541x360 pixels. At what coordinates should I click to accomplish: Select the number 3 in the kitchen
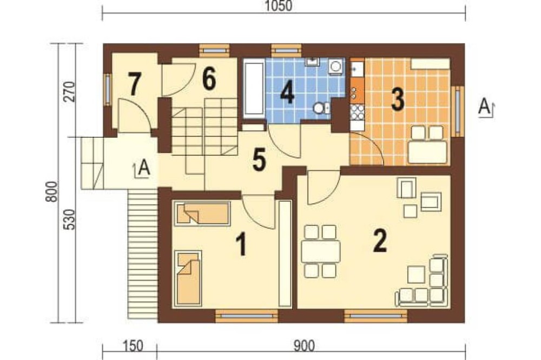pos(397,99)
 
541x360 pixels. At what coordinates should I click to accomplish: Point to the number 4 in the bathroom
pos(287,93)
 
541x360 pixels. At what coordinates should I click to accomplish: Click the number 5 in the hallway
pos(259,161)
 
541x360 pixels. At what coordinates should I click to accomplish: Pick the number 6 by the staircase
pos(209,78)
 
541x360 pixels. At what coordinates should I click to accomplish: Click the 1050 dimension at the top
pos(279,6)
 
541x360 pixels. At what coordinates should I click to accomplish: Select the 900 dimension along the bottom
pos(304,345)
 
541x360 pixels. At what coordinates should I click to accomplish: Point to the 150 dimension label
pos(133,345)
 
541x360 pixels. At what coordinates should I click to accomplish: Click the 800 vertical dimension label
pos(52,192)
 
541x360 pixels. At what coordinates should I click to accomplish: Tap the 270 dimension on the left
pos(70,91)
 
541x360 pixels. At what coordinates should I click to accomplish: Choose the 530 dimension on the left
pos(70,219)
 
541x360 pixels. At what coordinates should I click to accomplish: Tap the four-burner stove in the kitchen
pos(357,112)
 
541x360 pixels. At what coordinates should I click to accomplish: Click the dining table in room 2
pos(320,251)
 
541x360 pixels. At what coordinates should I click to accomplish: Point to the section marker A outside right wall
pos(486,108)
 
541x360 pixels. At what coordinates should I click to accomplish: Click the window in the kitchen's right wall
pos(458,111)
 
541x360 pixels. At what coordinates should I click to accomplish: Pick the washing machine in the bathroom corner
pos(335,66)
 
